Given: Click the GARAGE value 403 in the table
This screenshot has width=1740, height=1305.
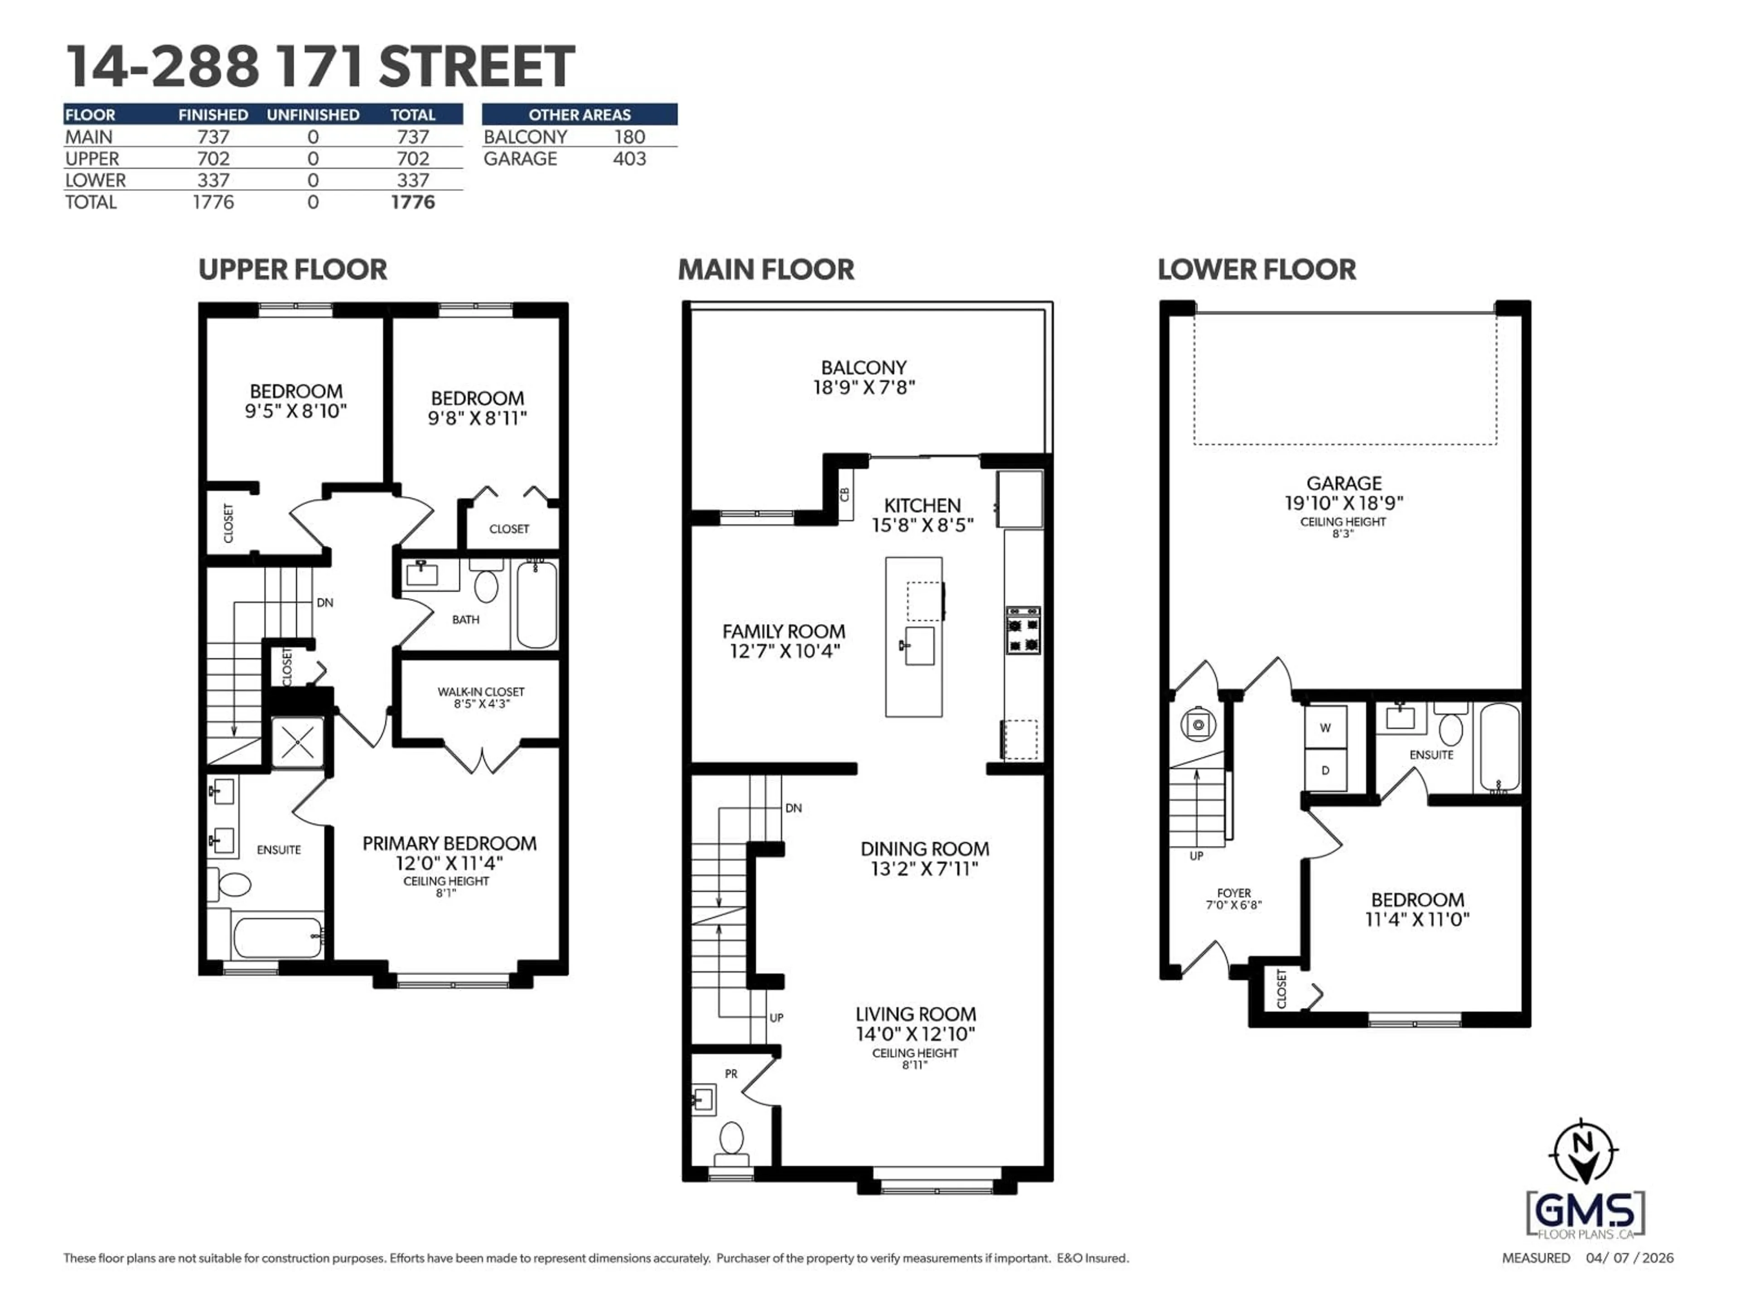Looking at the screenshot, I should pos(629,159).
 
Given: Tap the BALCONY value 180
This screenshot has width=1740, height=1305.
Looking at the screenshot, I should pos(629,137).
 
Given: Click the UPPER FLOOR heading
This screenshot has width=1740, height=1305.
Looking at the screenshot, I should pos(293,270).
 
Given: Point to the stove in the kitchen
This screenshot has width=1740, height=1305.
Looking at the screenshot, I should pos(1023,630).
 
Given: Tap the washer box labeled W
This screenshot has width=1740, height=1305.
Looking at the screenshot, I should pos(1325,728).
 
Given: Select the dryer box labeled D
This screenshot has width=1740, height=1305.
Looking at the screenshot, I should pos(1325,770).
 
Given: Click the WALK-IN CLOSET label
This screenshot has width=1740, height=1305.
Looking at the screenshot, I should pos(481,692).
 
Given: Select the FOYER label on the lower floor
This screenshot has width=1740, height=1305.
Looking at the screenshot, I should pos(1233,893).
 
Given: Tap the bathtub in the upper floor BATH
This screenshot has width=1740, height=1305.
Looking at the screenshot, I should pos(537,604).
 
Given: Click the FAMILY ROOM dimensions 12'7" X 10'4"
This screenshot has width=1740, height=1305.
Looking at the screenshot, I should pos(784,651).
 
